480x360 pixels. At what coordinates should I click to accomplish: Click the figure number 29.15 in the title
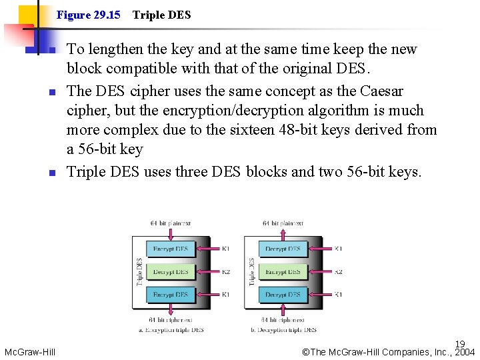107,15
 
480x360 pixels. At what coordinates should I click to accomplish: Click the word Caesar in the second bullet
380,91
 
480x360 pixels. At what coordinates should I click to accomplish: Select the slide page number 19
460,345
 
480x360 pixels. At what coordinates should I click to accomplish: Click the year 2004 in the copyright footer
464,353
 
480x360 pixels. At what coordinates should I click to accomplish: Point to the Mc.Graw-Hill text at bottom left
29,352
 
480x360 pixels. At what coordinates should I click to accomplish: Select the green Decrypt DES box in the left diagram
171,271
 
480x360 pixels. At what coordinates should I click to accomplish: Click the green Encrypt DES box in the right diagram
283,271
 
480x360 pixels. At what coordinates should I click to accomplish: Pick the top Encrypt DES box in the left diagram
171,249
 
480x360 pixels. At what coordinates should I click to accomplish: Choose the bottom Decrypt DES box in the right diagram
283,294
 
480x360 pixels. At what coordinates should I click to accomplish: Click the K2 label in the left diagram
225,272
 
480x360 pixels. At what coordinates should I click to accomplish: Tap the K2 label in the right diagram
338,272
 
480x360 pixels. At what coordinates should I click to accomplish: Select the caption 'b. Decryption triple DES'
283,329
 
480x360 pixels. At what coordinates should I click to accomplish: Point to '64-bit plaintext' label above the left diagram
171,223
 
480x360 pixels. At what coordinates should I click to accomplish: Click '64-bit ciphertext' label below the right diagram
283,320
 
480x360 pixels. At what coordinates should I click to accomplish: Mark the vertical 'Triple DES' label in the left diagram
139,271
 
